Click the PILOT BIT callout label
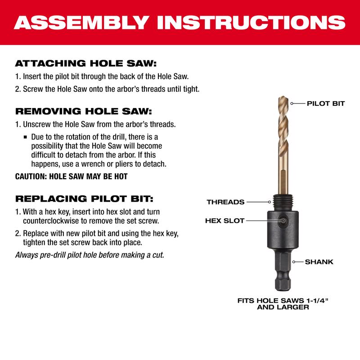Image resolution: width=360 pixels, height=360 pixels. (x=326, y=103)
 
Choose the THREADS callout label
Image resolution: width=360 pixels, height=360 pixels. (x=225, y=202)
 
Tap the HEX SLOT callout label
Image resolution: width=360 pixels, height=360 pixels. (x=225, y=221)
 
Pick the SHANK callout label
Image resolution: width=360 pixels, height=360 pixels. (x=319, y=261)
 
